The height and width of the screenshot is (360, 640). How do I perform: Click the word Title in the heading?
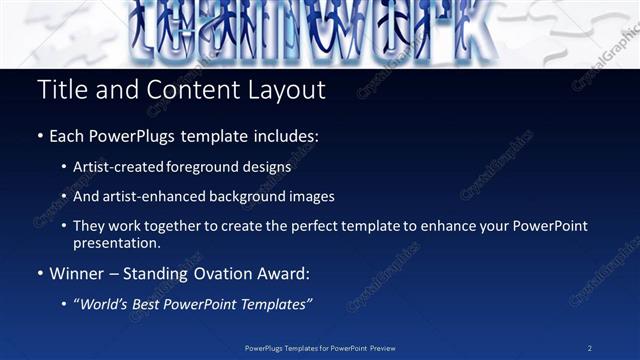pyautogui.click(x=60, y=90)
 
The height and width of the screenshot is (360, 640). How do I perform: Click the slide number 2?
pyautogui.click(x=589, y=347)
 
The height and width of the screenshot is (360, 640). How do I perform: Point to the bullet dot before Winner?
pyautogui.click(x=41, y=273)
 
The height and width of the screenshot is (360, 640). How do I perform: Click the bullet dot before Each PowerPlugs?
pyautogui.click(x=41, y=136)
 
